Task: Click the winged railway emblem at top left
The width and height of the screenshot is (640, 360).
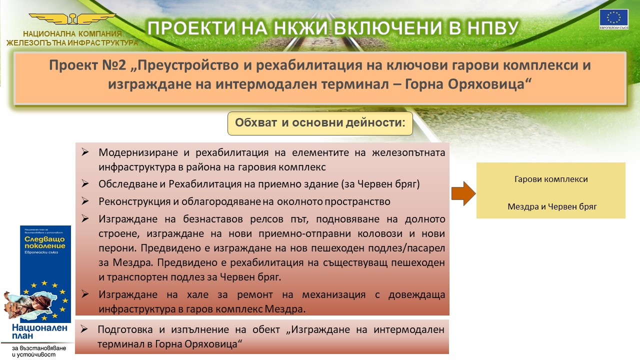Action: tap(72, 19)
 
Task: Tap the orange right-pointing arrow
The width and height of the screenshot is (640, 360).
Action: tap(463, 193)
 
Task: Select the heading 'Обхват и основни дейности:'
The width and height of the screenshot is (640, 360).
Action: tap(320, 123)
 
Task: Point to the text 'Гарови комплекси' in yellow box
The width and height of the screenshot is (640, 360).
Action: tap(551, 179)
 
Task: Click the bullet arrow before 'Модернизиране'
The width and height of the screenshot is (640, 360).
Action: tap(85, 152)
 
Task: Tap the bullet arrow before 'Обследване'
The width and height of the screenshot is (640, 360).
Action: tap(85, 184)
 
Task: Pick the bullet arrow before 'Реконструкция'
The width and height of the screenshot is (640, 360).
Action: tap(85, 201)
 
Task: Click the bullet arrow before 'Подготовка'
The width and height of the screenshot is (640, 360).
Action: tap(85, 329)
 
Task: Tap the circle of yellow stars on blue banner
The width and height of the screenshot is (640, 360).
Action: tap(45, 300)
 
